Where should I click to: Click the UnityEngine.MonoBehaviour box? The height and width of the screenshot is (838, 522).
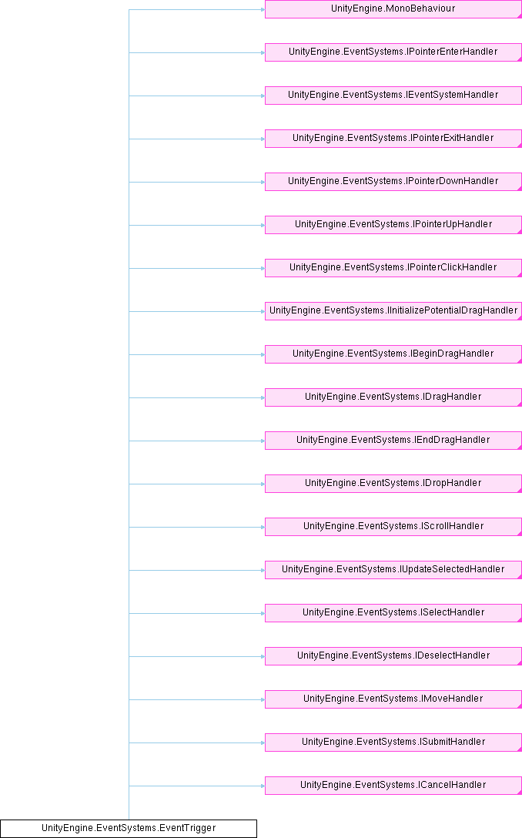click(393, 9)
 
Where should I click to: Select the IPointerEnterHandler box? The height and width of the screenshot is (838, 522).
click(393, 52)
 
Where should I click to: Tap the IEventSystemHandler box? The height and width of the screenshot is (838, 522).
click(393, 96)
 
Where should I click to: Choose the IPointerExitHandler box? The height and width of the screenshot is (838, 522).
click(393, 139)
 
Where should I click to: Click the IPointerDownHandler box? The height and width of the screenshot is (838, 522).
click(393, 182)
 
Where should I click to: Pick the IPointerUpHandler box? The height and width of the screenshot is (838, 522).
click(393, 225)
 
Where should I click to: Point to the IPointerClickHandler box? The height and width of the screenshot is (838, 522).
click(393, 268)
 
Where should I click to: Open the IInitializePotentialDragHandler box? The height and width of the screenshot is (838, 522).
click(393, 311)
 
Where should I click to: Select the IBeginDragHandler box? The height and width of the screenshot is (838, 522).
click(393, 354)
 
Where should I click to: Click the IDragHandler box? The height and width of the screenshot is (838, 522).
click(393, 397)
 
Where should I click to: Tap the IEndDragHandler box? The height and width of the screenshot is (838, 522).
click(393, 441)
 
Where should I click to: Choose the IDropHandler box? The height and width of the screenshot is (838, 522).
click(393, 484)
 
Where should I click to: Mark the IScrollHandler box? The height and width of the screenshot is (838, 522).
click(393, 527)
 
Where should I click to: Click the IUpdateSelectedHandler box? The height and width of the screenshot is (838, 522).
click(393, 570)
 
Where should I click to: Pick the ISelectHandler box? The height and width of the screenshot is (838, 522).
click(393, 613)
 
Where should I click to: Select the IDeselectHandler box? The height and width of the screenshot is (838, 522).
click(393, 656)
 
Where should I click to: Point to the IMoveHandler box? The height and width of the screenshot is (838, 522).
click(393, 699)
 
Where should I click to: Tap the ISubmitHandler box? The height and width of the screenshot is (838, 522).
click(393, 742)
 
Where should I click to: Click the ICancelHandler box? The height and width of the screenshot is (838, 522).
click(393, 786)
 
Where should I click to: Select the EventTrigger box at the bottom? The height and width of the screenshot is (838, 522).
click(128, 829)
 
